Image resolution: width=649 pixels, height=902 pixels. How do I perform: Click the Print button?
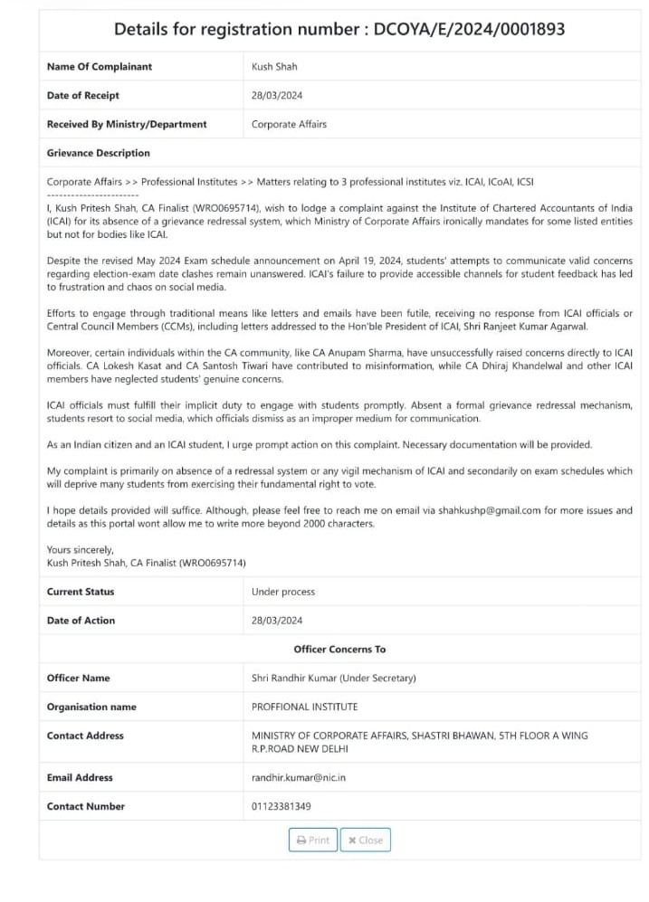313,840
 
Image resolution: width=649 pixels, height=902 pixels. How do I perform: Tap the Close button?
366,840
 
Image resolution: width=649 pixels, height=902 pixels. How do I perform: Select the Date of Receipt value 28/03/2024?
277,95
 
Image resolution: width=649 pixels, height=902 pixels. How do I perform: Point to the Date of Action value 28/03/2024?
277,620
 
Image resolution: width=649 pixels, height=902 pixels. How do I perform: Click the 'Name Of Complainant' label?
100,66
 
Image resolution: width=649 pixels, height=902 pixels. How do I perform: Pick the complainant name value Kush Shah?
274,66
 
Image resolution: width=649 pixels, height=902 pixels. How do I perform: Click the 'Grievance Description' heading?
99,153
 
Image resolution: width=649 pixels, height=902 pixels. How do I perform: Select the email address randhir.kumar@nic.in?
299,777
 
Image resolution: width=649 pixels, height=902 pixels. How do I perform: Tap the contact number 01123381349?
281,806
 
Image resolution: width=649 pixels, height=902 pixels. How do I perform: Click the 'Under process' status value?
283,591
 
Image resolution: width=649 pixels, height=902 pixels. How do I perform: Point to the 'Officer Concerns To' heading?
339,649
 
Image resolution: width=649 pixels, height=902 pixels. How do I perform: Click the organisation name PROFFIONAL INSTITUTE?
304,707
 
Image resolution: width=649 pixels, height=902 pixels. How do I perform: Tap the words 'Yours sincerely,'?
81,549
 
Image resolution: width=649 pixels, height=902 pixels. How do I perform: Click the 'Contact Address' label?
85,736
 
